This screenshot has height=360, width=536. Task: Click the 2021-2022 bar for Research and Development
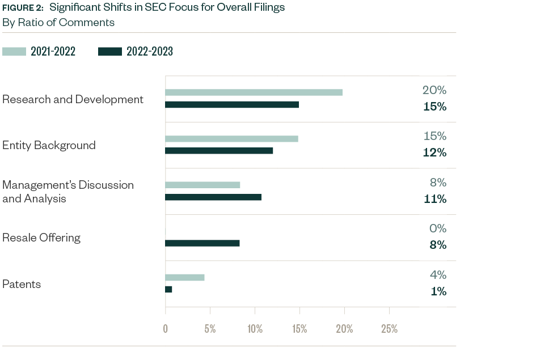254,92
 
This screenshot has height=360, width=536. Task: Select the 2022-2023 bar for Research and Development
231,105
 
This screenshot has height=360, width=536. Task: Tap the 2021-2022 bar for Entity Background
231,138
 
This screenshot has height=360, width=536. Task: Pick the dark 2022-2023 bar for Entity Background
219,151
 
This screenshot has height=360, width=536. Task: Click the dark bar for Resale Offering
202,243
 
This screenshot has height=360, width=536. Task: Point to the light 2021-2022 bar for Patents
184,277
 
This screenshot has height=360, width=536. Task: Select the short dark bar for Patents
168,290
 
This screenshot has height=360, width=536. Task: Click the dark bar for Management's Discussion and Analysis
213,197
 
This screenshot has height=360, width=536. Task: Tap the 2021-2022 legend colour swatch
14,52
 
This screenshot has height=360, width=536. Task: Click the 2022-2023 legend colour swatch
110,52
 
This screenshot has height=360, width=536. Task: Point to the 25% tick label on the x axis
389,329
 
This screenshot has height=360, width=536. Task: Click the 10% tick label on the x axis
255,329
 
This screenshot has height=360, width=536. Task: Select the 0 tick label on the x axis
165,329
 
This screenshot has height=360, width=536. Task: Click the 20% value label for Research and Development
434,90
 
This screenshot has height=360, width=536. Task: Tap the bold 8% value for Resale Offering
437,245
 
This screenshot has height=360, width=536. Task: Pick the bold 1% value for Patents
438,291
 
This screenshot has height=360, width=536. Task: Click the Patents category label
22,284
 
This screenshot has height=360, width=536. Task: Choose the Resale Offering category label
41,238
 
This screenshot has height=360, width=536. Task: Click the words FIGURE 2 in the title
23,8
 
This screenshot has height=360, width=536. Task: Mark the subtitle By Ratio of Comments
58,23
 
